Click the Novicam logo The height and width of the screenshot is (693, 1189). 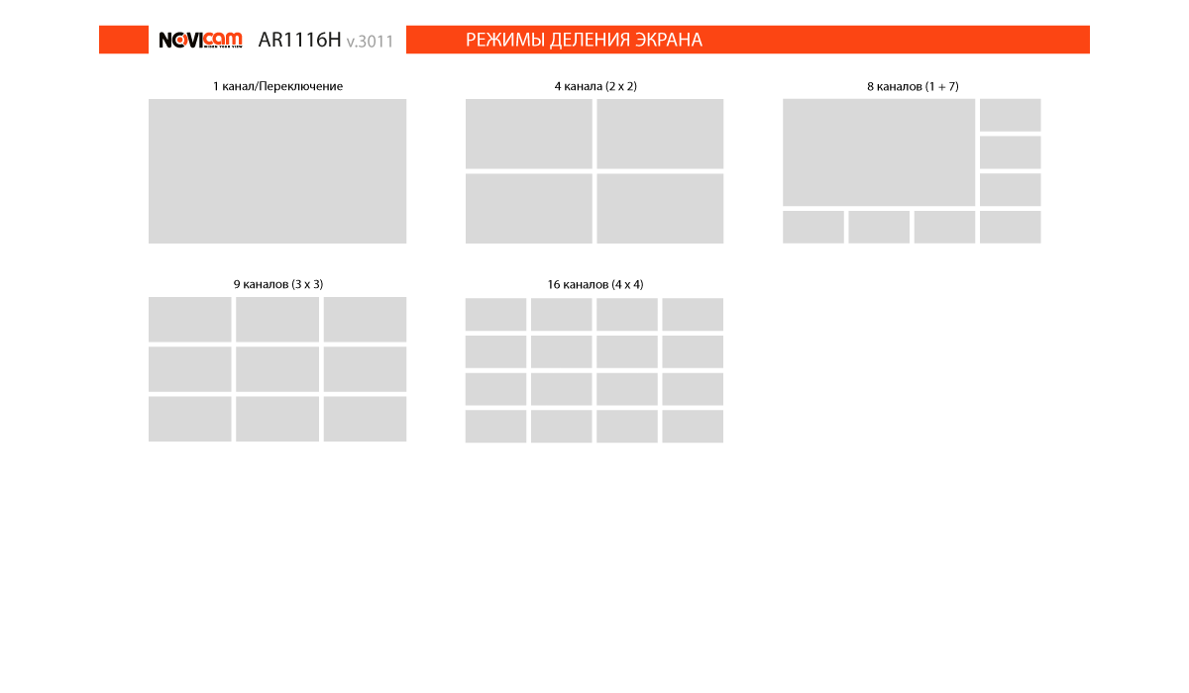point(200,40)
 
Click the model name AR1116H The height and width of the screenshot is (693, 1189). point(299,40)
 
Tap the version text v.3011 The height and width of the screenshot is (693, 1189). point(370,42)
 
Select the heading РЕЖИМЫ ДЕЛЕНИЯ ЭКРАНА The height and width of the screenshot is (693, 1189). point(584,40)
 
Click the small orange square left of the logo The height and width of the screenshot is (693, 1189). point(124,40)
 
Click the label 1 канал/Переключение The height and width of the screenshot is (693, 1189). point(277,86)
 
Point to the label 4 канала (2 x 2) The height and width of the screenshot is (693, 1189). point(595,86)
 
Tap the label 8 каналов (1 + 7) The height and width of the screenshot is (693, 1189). point(913,86)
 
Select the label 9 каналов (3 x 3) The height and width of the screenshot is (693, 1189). point(278,284)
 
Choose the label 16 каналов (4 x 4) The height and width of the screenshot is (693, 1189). point(595,285)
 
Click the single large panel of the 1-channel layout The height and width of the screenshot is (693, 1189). point(277,171)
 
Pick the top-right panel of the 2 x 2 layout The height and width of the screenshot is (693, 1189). point(660,134)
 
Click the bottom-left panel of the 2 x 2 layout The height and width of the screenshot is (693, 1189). point(529,208)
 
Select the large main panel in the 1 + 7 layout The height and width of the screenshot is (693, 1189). point(879,152)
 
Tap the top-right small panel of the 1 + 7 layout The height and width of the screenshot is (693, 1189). point(1010,115)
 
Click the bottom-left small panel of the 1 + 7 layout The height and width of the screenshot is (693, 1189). point(813,227)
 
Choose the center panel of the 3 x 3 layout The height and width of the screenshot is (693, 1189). point(277,369)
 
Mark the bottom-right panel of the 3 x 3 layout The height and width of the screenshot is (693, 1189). point(366,419)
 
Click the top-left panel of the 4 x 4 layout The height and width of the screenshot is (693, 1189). point(495,315)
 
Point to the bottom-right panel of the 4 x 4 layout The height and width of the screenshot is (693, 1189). point(693,426)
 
